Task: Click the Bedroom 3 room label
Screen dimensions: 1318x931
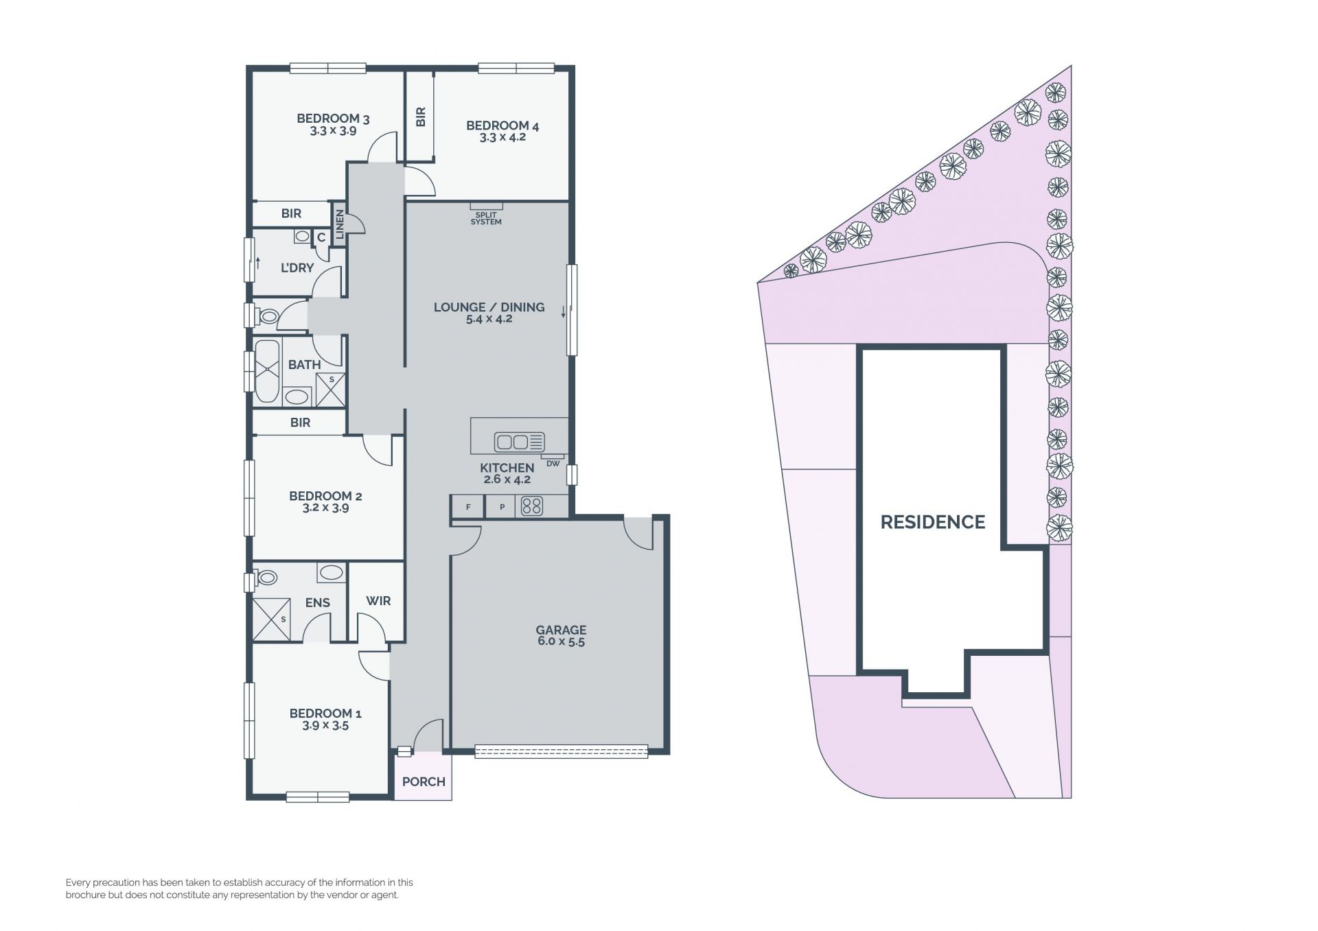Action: (333, 119)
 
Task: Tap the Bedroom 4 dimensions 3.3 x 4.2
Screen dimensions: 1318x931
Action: (502, 137)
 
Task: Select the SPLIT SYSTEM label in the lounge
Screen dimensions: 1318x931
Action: (486, 218)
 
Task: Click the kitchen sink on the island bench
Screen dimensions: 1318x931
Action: (520, 442)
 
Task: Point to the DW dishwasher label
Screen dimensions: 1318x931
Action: (553, 463)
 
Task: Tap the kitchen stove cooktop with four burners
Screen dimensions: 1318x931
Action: (532, 506)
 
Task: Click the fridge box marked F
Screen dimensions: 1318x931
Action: (468, 507)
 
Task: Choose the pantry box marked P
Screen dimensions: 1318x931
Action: (502, 507)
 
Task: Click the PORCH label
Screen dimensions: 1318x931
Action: (424, 781)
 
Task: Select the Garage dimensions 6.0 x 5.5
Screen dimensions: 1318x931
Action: (561, 642)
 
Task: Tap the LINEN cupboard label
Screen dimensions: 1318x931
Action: (339, 224)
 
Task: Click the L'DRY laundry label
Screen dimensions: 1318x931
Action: (297, 268)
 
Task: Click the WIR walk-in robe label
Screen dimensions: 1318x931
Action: (378, 601)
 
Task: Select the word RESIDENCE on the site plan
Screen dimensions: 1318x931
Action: (933, 522)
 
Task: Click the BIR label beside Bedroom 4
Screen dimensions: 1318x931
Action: (421, 117)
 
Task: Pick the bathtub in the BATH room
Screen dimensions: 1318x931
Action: (267, 371)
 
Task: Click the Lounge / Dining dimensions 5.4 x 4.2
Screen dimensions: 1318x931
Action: (489, 319)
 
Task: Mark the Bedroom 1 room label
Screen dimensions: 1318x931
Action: (325, 714)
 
